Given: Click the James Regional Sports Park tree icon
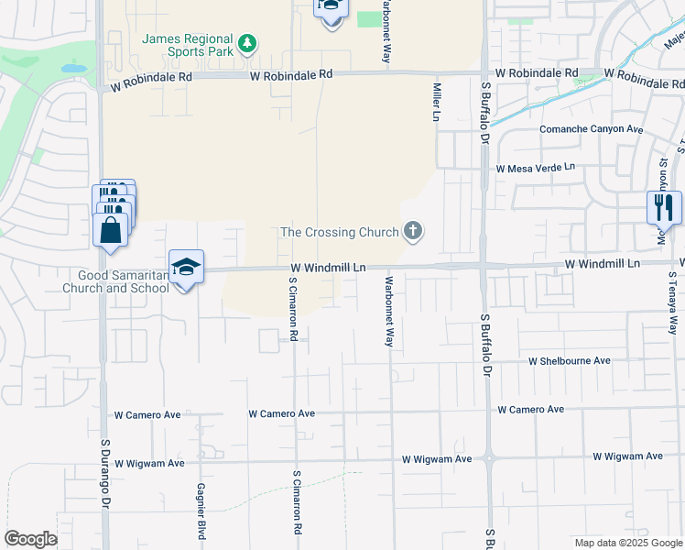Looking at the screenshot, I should click(x=246, y=43).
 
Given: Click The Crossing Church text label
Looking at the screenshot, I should click(x=340, y=232).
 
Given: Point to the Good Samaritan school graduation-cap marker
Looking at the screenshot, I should click(x=186, y=268).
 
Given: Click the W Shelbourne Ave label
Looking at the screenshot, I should click(x=570, y=361).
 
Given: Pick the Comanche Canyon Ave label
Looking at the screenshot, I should click(x=591, y=129).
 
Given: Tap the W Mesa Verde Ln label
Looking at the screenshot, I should click(x=536, y=168).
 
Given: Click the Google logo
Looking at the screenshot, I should click(x=30, y=539).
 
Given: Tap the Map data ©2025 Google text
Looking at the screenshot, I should click(x=627, y=543).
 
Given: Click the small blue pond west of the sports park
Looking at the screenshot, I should click(x=72, y=68).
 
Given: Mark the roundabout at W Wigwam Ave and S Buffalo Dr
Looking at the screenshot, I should click(x=489, y=457).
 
